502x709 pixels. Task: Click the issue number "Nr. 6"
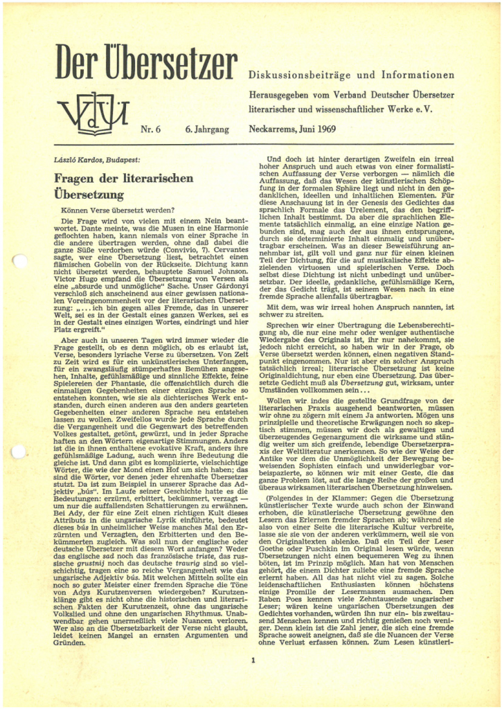150,129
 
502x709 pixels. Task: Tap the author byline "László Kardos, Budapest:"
97,160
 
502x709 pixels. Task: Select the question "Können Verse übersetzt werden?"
118,210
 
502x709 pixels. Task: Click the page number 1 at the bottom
254,660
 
